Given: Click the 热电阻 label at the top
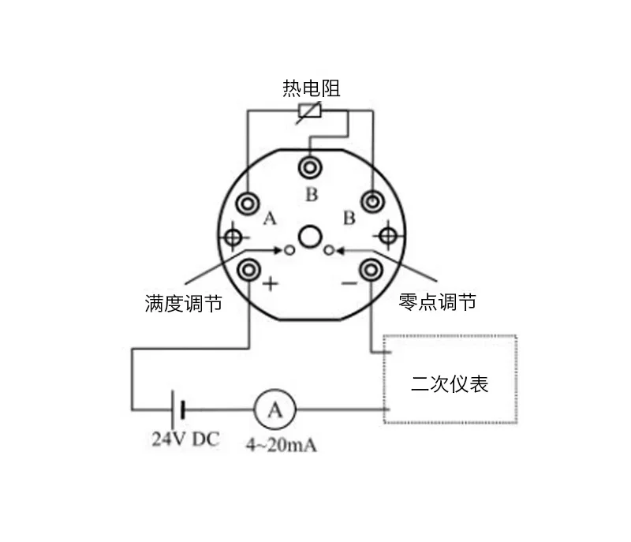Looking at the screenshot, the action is point(312,88).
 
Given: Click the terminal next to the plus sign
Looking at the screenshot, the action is point(249,271).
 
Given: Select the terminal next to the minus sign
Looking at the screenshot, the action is point(372,271).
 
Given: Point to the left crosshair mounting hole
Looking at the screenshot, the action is point(233,236).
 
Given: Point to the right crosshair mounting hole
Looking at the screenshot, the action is point(388,235).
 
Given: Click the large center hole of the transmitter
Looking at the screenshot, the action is point(311,236).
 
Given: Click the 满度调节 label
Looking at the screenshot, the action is point(183,303).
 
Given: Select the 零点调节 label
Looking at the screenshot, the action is point(438,301).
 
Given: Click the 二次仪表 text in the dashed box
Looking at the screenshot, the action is point(450,384).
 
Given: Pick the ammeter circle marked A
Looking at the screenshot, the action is point(274,409).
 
